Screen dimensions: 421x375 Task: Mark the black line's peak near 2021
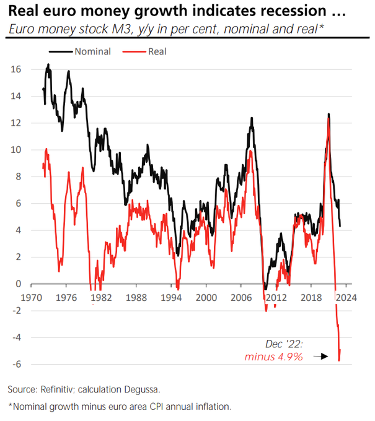tap(328, 114)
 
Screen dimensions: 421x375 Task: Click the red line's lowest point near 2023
tap(339, 360)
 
